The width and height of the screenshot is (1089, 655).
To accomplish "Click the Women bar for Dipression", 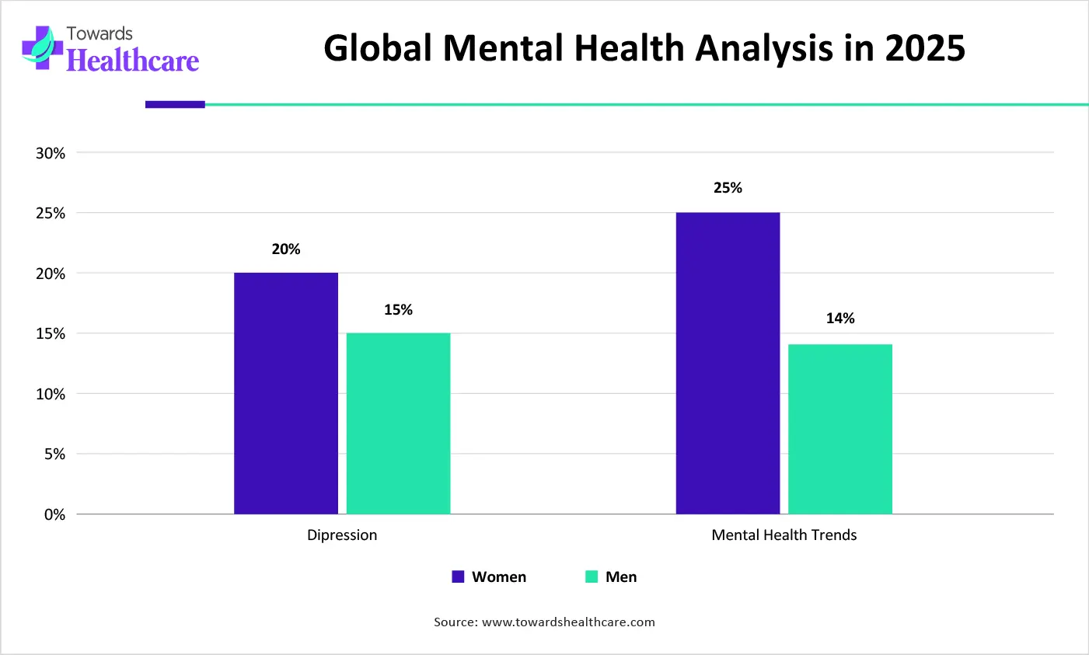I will click(x=286, y=393).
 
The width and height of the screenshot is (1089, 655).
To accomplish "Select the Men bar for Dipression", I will click(x=398, y=423).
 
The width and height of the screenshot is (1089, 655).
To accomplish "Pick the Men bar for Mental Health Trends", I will click(x=840, y=429).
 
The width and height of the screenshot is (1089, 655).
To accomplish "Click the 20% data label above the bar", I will click(x=286, y=249).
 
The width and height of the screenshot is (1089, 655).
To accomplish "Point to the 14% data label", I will click(x=840, y=319).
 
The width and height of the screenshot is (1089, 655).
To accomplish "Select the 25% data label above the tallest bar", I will click(x=728, y=188).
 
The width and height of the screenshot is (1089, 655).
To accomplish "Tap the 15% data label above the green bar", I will click(x=398, y=310).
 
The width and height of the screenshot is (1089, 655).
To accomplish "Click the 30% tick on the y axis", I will click(x=51, y=153).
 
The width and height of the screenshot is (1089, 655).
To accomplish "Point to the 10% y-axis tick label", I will click(x=51, y=394).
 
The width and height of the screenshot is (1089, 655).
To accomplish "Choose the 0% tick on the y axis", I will click(x=54, y=514).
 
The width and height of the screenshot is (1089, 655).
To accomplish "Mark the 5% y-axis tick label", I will click(x=54, y=455).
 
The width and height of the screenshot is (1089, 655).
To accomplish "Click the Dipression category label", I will click(x=342, y=535).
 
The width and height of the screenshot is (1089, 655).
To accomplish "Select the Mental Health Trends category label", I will click(x=784, y=535).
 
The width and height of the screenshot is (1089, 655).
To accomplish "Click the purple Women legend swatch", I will click(x=458, y=577).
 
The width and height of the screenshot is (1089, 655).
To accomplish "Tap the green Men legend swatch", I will click(x=592, y=577).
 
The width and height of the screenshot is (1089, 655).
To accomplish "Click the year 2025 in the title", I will click(x=924, y=48).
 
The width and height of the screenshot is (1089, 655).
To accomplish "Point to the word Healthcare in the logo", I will click(x=133, y=61).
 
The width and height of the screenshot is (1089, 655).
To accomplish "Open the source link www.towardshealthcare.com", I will click(x=568, y=622).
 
